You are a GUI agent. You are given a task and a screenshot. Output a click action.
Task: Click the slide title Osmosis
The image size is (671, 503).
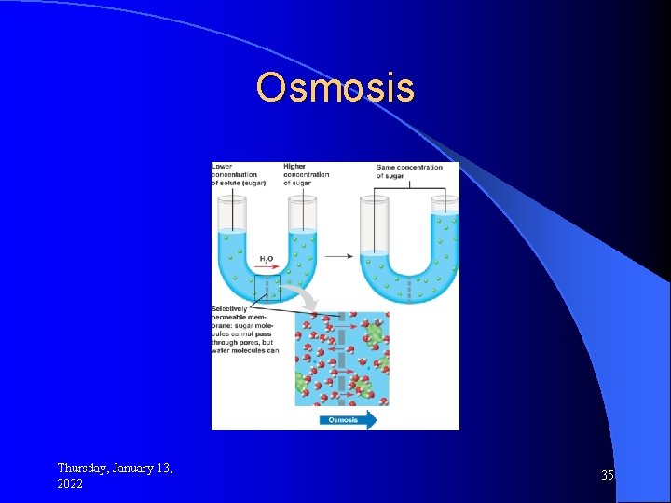point(335,88)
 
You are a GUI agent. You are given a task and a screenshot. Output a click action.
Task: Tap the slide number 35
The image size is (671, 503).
point(608,475)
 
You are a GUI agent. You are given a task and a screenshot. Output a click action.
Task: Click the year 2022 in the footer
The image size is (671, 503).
point(70,484)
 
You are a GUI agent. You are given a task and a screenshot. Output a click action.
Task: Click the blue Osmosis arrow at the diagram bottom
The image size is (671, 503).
point(348,420)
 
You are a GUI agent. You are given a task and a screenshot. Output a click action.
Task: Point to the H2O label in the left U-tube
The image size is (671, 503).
point(266,258)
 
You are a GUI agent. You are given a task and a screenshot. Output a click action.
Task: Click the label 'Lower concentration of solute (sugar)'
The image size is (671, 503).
point(238,174)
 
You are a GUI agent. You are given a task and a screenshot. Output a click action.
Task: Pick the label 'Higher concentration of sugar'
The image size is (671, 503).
point(306,174)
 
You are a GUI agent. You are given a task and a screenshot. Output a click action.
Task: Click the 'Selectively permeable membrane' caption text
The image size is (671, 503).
point(245,330)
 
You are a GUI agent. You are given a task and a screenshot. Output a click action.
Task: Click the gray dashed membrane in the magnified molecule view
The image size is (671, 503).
point(341,359)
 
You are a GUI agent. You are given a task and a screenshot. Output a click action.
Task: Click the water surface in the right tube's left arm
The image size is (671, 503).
point(375,251)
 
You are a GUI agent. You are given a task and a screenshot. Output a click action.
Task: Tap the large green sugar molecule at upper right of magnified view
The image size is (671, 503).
point(374,333)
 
